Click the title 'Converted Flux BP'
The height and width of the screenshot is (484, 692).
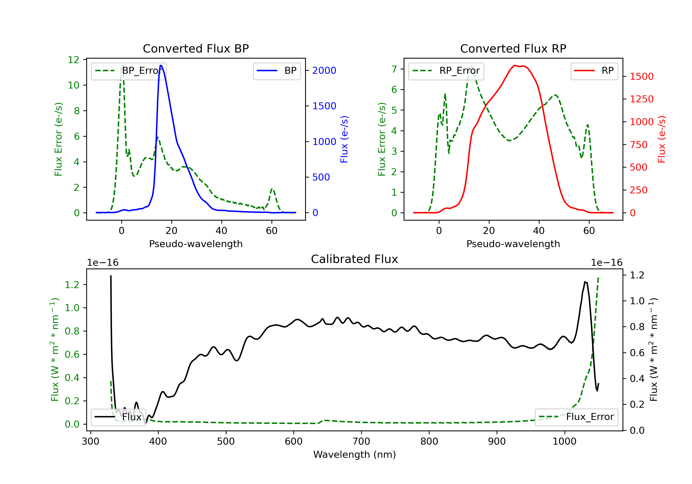pos(196,48)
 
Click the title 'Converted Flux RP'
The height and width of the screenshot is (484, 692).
pos(513,48)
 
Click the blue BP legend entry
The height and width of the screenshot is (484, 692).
pos(277,71)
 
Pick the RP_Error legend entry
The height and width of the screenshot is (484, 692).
pos(446,71)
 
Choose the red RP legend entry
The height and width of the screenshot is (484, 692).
pos(594,71)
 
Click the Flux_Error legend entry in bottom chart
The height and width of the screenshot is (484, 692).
pos(576,417)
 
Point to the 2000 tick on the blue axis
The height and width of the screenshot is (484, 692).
pos(324,71)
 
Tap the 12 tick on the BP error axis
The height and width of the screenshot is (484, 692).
pos(74,60)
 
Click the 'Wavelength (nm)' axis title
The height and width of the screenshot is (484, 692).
pos(355,454)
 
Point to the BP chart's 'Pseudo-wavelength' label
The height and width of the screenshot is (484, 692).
pos(196,244)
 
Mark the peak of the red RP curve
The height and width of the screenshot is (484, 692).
pos(515,66)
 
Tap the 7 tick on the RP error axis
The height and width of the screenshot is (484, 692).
pos(394,69)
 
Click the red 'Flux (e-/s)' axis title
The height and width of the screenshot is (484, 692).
pos(661,139)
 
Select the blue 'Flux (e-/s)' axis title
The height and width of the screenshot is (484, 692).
pos(344,139)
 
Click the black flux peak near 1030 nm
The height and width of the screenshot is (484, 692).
pos(585,282)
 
